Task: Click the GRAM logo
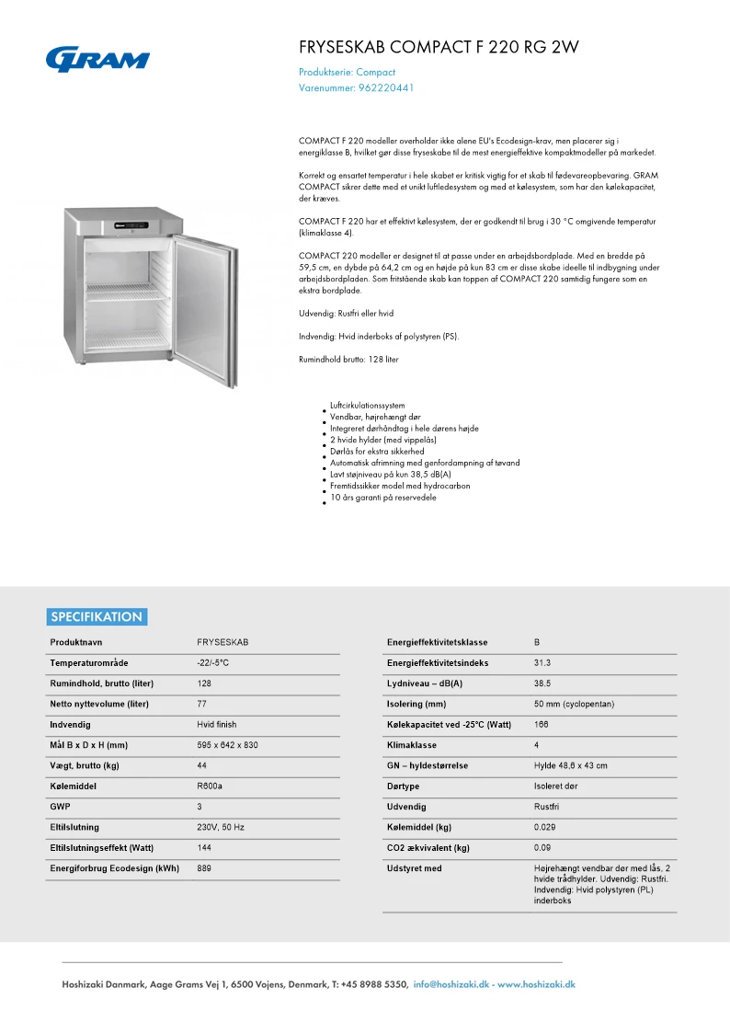[x=97, y=60]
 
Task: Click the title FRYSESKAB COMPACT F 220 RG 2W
[x=439, y=48]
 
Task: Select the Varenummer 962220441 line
[x=357, y=88]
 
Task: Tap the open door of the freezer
[x=203, y=300]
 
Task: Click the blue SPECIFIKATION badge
[x=97, y=617]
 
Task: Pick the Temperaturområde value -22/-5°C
[x=212, y=662]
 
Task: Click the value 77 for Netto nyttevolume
[x=201, y=704]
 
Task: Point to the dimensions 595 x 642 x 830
[x=227, y=745]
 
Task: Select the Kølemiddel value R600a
[x=210, y=786]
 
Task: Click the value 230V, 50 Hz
[x=221, y=827]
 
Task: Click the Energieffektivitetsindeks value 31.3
[x=542, y=662]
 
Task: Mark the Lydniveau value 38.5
[x=542, y=683]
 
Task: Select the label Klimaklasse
[x=412, y=745]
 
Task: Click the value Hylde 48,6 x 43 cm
[x=570, y=765]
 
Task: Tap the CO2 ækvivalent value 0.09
[x=542, y=847]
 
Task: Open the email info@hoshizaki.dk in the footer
[x=451, y=984]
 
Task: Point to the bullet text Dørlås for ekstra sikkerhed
[x=377, y=452]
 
